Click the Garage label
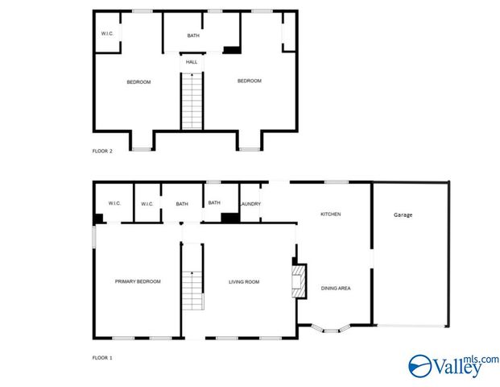[403, 215]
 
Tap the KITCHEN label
[330, 214]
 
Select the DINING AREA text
[336, 288]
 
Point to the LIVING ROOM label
[244, 281]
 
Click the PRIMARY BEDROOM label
[138, 281]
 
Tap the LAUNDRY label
[250, 204]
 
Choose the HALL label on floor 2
[192, 62]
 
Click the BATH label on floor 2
[193, 35]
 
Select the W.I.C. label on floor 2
[107, 34]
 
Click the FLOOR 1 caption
[102, 358]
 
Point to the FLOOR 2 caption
[102, 151]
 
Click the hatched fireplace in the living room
[299, 281]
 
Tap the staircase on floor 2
[192, 101]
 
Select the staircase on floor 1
[193, 290]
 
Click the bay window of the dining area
[331, 329]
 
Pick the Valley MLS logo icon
[420, 366]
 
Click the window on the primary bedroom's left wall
[94, 236]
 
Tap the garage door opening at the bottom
[411, 326]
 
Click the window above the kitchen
[337, 182]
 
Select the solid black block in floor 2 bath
[232, 50]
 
